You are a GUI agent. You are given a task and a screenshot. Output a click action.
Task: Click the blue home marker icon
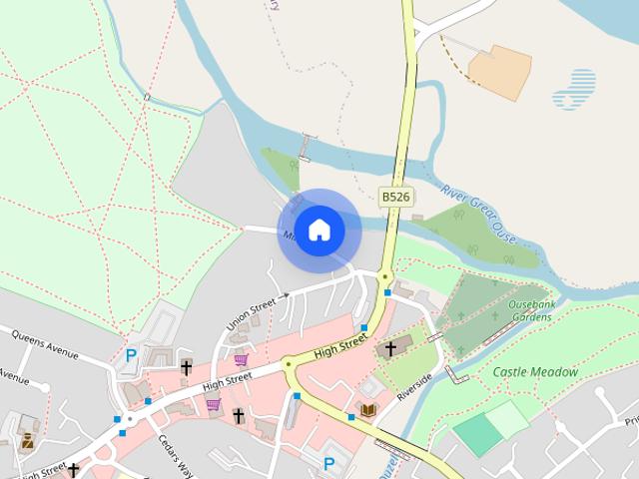coord(319,231)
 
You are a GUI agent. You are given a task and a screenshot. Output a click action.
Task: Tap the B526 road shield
coord(395,197)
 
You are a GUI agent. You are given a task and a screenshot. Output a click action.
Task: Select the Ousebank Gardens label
coord(529,309)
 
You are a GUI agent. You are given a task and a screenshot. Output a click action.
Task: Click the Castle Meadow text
coord(535,372)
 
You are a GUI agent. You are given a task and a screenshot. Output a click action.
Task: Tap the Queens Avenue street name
coord(44,343)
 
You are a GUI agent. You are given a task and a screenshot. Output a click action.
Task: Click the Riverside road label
coord(414,383)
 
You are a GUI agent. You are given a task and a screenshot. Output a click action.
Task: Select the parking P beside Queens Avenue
coord(131,355)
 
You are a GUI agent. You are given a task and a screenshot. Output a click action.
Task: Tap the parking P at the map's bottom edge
coord(328,463)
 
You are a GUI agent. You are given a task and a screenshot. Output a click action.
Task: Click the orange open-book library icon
coord(368,410)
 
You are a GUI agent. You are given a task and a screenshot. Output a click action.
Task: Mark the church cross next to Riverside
coord(389,348)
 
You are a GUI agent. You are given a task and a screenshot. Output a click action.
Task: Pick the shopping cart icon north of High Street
coord(241,359)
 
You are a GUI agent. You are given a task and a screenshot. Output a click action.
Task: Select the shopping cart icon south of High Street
coord(213,404)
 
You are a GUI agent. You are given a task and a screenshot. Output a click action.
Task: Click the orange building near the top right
coord(502,70)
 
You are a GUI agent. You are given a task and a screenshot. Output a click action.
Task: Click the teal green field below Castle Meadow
coord(478,434)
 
